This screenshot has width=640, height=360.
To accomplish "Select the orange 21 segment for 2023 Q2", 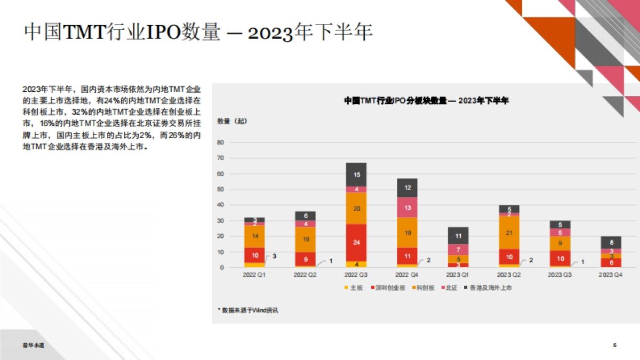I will (x=509, y=233).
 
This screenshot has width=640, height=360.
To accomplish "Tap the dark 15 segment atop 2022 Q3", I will (x=356, y=174).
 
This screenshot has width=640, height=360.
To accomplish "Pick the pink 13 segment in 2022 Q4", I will (x=407, y=207).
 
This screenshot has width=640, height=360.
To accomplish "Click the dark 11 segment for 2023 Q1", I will (x=458, y=236).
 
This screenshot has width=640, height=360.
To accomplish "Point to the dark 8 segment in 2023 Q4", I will (x=611, y=243).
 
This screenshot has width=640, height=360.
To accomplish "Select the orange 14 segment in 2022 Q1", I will (x=254, y=236).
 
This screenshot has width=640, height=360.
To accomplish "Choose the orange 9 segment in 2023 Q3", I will (x=560, y=243).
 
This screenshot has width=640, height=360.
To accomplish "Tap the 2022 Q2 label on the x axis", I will (x=305, y=275).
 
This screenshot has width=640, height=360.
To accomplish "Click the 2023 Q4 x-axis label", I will (x=611, y=275).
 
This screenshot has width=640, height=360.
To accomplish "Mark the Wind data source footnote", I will (x=247, y=310).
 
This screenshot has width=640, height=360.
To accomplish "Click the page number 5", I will (x=615, y=346).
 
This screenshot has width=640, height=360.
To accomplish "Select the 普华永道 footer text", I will (x=34, y=346).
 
